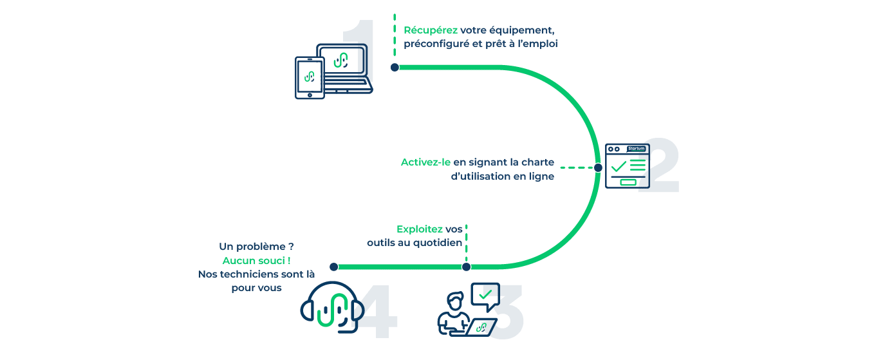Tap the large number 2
[658, 166]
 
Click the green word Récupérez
[431, 30]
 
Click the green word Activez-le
[425, 162]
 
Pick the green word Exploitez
[420, 229]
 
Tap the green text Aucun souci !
[256, 260]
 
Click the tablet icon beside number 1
[309, 77]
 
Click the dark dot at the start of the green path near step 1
[395, 67]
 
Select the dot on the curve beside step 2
[598, 167]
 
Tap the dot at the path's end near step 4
[333, 267]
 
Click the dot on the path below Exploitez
[467, 267]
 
